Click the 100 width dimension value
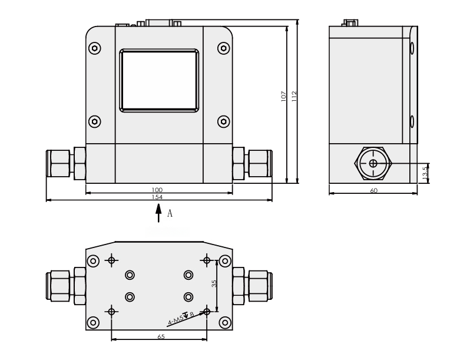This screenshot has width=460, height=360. point(157,190)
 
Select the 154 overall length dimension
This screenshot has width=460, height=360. point(157,197)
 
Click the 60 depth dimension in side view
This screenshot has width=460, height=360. point(373,190)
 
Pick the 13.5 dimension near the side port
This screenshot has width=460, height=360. point(425,172)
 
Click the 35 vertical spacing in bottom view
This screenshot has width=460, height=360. point(214,283)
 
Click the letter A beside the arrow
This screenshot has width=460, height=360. point(170,213)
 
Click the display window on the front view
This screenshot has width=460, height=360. point(159,80)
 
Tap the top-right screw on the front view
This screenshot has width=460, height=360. point(223,47)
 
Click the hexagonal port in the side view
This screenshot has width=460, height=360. point(373,163)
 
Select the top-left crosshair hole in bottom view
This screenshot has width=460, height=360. point(111,260)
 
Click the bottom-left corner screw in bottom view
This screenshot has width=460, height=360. point(92,322)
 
